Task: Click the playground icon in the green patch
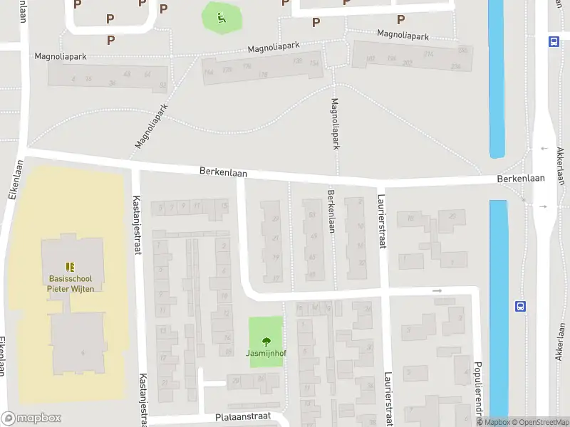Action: click(221, 18)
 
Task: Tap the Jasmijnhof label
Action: click(266, 353)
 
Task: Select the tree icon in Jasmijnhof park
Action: click(266, 341)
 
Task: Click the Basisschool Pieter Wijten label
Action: click(71, 283)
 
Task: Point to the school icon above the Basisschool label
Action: click(71, 267)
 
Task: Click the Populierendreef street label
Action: click(479, 388)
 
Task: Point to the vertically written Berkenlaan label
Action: click(331, 211)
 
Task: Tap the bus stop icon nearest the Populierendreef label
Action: click(521, 306)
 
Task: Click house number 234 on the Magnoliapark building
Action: click(455, 67)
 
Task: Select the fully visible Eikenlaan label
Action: click(16, 178)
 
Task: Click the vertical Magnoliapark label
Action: click(335, 123)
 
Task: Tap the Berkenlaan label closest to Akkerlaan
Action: click(521, 179)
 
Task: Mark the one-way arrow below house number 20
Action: click(437, 291)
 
